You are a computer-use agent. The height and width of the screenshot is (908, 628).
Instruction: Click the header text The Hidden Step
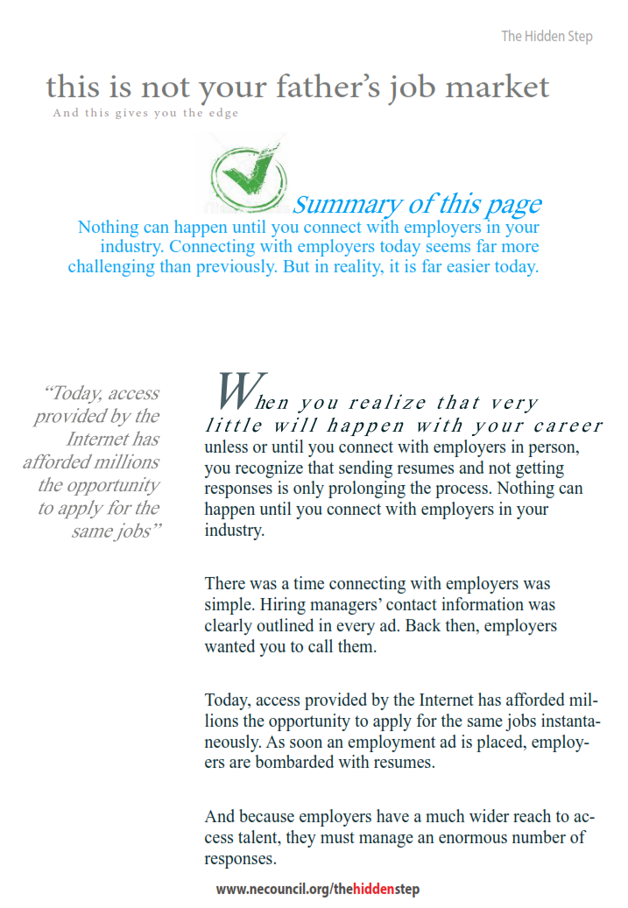(x=547, y=36)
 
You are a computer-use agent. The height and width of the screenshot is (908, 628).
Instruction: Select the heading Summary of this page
(x=417, y=204)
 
